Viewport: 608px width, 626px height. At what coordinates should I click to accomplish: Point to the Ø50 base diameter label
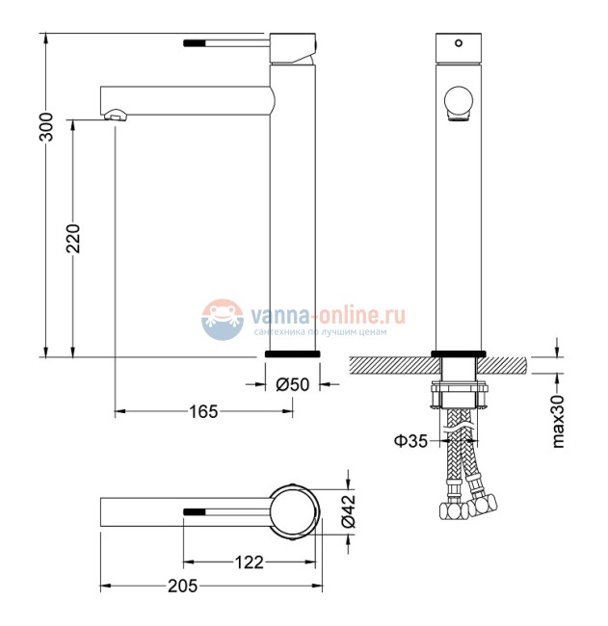292,384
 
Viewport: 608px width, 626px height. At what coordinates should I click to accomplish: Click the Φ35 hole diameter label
410,442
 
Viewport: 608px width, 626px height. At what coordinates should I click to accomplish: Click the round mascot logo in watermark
223,319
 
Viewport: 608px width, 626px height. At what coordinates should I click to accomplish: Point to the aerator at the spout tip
117,116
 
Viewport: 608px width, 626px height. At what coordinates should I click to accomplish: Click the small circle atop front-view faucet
458,43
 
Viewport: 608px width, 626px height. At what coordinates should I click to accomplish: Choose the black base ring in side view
293,353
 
